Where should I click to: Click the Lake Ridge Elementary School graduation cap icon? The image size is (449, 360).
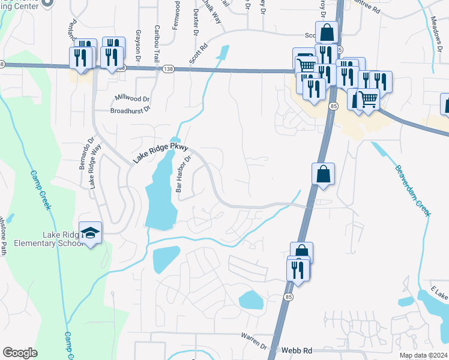(90, 233)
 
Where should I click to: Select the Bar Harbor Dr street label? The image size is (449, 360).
(182, 174)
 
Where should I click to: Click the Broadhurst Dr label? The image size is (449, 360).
(130, 110)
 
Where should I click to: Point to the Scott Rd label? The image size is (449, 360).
(198, 53)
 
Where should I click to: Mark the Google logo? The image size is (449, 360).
(20, 353)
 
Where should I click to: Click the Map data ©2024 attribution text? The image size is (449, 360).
(423, 355)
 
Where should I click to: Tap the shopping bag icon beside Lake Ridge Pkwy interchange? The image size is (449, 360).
(323, 174)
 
